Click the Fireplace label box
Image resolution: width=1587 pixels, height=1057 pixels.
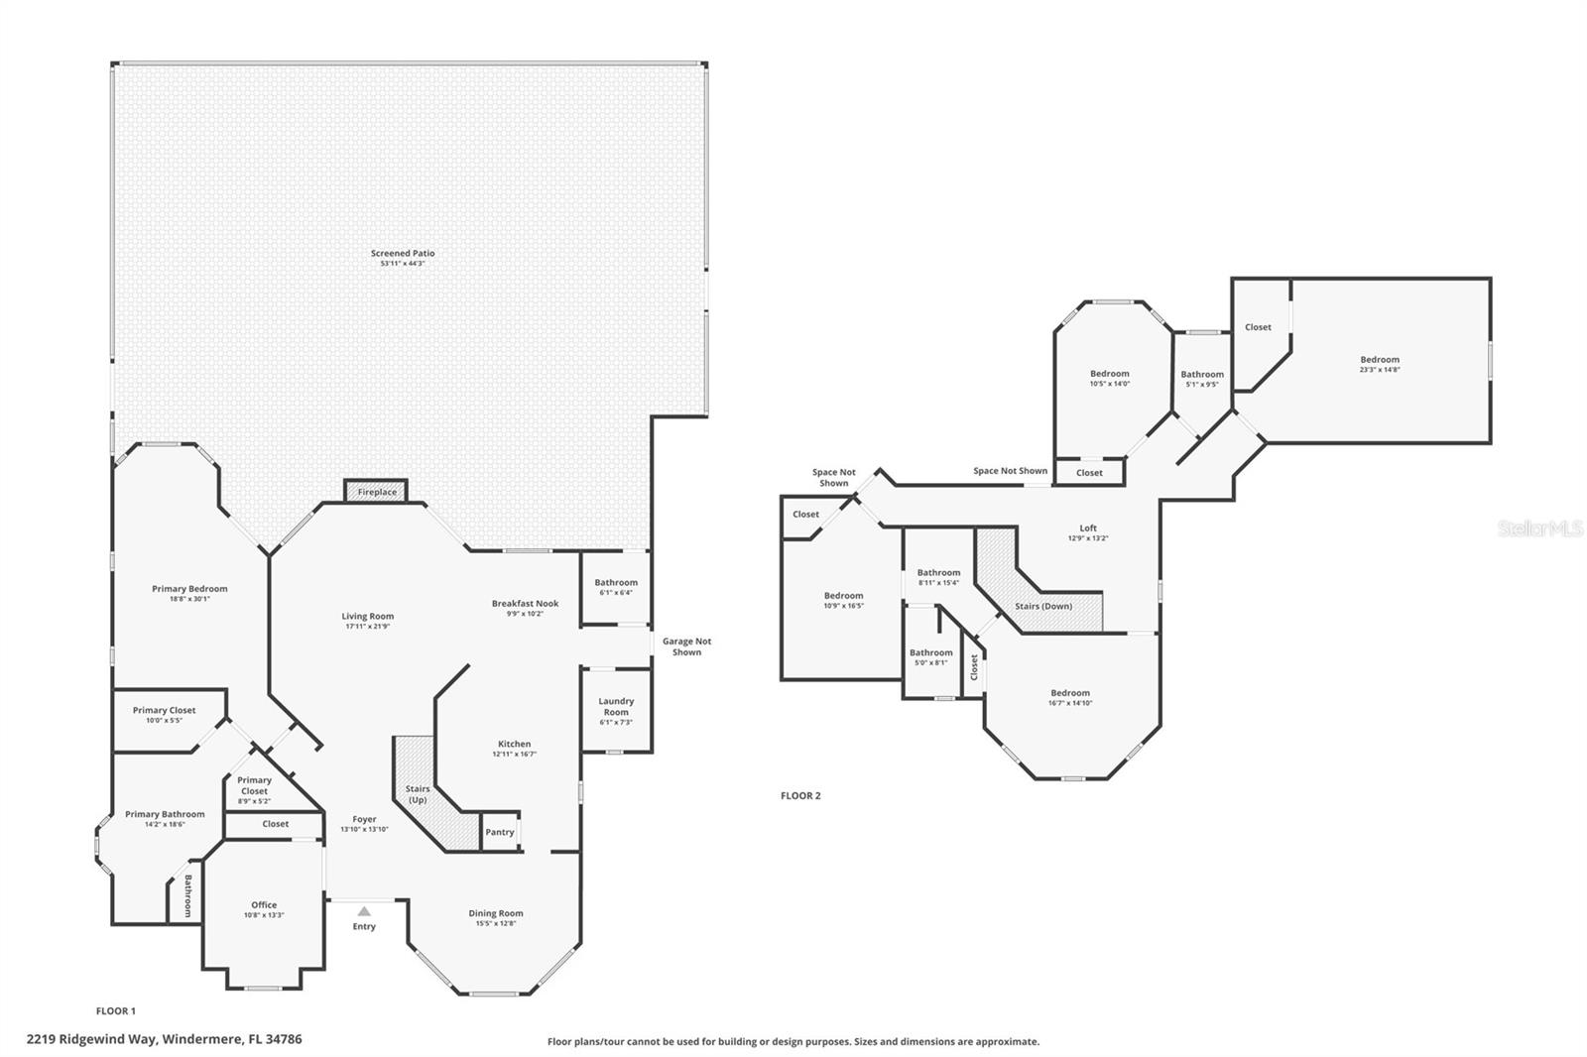(x=377, y=492)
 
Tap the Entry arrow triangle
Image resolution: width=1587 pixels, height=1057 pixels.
(x=364, y=910)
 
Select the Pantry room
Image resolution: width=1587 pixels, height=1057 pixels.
(x=500, y=832)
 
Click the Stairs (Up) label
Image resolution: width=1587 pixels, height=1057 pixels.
(x=418, y=794)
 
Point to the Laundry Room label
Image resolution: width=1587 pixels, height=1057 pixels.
(x=616, y=706)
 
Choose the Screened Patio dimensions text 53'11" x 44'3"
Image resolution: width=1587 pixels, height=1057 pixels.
(x=403, y=264)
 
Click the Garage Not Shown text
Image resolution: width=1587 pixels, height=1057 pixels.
(x=686, y=646)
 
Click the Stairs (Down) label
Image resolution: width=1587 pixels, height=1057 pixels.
(x=1042, y=606)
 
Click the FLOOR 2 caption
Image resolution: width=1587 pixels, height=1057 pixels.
(x=800, y=795)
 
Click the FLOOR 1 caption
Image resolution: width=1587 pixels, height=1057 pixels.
(x=115, y=1010)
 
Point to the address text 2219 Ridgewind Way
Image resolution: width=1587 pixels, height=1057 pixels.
(x=164, y=1039)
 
